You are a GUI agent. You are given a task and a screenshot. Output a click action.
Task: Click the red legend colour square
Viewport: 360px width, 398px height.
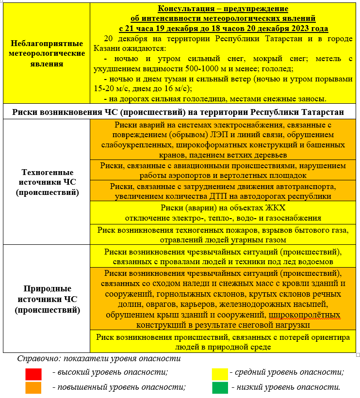[x=33, y=374]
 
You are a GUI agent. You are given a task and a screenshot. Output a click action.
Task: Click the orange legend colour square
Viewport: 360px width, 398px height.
[x=33, y=387]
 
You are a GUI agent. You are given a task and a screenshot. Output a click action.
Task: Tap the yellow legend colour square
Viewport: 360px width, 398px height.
[x=220, y=374]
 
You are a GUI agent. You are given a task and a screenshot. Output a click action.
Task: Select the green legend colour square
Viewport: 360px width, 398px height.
[x=220, y=387]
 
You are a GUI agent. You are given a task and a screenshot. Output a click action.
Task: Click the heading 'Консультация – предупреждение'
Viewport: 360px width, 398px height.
[x=223, y=9]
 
